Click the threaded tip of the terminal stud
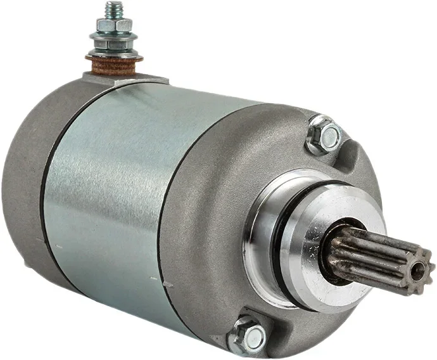coord(114,9)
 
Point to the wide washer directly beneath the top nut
coord(114,35)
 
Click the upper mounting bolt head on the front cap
coord(326,134)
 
